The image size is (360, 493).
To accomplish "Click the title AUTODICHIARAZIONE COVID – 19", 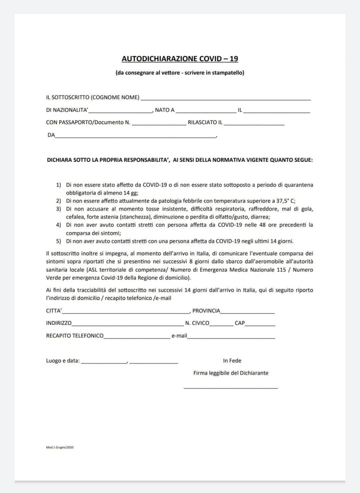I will pos(180,59).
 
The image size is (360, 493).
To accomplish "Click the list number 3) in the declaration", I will pos(58,209).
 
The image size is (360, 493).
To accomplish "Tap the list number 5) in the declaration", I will pos(58,241).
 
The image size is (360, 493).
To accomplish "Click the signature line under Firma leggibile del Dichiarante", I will pos(230,388).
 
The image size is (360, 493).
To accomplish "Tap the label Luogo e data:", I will pos(63,361).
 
